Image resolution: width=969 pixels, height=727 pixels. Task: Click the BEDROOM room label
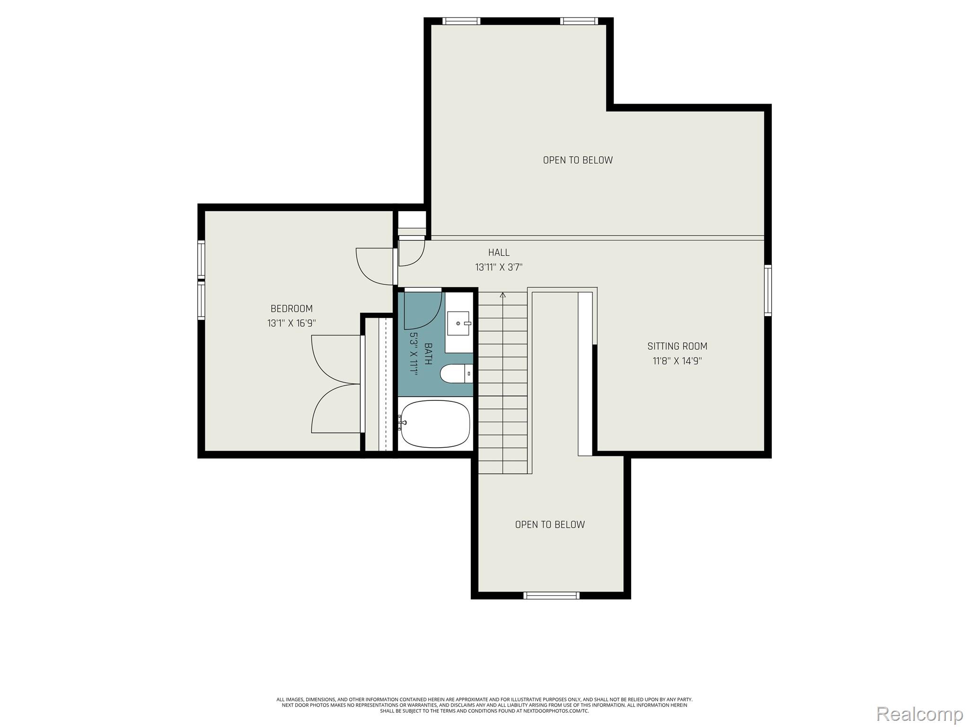291,309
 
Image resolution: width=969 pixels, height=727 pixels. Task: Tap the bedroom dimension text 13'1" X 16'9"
291,323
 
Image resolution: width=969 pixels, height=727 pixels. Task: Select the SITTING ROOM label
677,346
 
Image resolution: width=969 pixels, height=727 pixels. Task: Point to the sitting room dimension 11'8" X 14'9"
677,361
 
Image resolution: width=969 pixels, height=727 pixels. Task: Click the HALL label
499,252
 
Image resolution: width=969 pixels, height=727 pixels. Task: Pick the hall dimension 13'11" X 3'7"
499,267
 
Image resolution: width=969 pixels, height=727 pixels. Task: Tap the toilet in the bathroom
456,373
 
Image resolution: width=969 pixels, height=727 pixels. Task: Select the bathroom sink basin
458,323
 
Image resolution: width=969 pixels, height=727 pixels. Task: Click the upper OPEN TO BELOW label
578,160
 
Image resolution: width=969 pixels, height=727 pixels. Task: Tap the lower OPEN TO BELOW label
550,524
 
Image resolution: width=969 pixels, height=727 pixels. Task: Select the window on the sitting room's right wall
768,290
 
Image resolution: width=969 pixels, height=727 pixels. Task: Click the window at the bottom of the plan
551,595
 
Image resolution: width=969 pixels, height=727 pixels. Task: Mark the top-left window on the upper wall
461,21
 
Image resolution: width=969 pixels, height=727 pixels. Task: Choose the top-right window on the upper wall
579,21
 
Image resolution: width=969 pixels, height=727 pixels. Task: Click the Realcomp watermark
920,714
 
